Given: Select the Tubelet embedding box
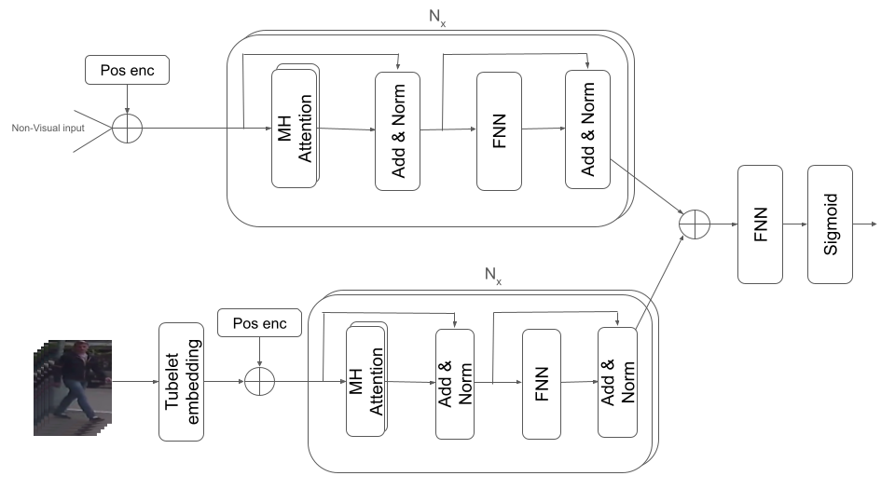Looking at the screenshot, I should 182,382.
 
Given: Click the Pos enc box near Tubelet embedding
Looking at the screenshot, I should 258,324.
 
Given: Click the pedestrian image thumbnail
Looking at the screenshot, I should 73,387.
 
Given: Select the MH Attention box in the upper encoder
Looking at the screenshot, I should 295,126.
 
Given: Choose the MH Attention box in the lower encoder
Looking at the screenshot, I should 365,380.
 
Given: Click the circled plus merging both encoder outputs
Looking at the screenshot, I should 695,224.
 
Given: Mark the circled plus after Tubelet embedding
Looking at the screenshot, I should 258,382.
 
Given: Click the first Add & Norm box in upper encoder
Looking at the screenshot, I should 398,130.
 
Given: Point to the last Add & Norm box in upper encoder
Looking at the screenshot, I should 587,129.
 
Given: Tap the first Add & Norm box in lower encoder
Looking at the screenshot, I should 455,383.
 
